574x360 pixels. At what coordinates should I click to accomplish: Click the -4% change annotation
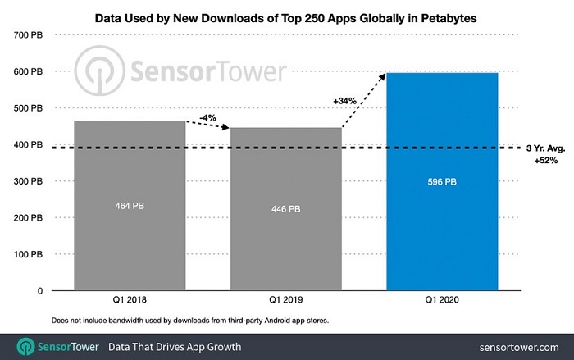pos(207,117)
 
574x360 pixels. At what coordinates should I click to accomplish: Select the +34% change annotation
pos(346,100)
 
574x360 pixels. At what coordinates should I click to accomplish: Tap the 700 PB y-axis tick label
pos(28,34)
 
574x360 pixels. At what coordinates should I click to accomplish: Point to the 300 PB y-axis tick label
pos(28,181)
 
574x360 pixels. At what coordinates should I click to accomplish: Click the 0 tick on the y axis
pos(39,291)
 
